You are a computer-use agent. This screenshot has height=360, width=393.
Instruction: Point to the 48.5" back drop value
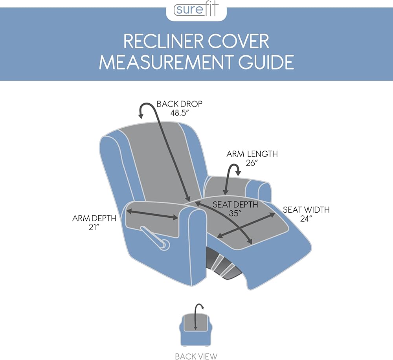(180, 113)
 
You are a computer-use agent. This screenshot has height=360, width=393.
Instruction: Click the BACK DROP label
(180, 104)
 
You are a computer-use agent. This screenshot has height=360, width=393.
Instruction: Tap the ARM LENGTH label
(252, 154)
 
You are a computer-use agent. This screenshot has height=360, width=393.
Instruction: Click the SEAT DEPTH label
(235, 204)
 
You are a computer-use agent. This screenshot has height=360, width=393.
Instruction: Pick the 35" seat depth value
(235, 213)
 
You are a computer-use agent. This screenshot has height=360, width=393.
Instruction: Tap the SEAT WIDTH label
(306, 209)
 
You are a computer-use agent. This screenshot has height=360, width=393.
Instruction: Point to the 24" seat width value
(306, 219)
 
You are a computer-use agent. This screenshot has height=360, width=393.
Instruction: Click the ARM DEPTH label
(94, 219)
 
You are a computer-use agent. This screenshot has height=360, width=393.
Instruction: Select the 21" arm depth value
(94, 228)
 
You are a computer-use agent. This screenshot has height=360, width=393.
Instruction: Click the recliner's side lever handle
(155, 239)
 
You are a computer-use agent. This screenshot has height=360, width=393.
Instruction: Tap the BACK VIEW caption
(196, 356)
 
